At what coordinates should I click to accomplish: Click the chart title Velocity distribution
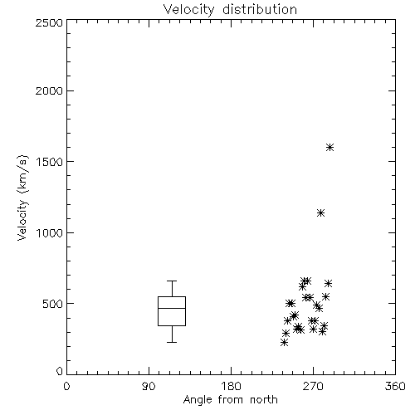(230, 10)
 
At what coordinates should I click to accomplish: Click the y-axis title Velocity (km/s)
(22, 198)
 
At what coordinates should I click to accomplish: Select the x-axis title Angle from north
(230, 400)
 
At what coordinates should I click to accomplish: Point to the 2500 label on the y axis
(49, 22)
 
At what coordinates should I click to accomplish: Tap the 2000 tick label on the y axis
(49, 91)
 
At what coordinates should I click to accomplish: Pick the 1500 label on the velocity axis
(50, 162)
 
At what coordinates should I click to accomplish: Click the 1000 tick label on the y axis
(50, 233)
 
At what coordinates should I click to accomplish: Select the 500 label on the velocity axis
(53, 304)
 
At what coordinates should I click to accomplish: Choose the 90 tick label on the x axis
(149, 386)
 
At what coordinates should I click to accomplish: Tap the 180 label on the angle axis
(231, 386)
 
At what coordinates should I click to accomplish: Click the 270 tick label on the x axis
(313, 386)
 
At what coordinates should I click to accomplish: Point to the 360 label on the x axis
(395, 386)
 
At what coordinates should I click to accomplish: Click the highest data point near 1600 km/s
(330, 147)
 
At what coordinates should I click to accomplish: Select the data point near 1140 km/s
(320, 212)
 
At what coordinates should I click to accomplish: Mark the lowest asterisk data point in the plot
(284, 343)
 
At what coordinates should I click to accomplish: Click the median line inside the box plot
(172, 308)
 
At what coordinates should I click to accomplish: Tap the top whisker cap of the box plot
(172, 281)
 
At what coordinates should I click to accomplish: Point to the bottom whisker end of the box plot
(172, 342)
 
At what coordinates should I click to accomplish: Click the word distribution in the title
(260, 10)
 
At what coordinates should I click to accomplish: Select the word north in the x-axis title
(264, 400)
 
